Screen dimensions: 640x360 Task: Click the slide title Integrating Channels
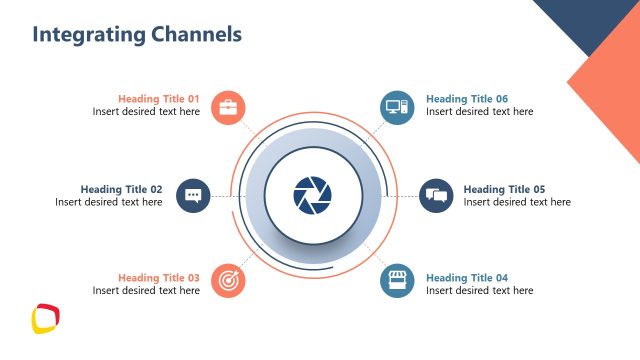tap(137, 35)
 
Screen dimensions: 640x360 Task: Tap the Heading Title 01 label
tap(159, 99)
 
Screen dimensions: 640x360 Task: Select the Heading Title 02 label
tap(121, 189)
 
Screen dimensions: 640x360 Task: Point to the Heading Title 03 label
tap(159, 278)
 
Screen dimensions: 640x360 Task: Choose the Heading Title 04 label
tap(467, 278)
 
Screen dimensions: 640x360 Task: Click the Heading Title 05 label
tap(504, 189)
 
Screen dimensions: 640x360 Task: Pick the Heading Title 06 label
tap(467, 99)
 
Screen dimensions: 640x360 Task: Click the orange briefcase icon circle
tap(228, 107)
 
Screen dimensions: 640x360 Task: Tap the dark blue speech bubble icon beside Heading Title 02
tap(194, 195)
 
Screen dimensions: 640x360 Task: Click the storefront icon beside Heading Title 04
tap(397, 281)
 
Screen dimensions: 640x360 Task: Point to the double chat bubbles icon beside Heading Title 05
tap(435, 195)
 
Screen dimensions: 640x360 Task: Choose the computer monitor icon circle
tap(397, 107)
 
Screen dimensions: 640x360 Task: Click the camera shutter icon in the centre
tap(312, 194)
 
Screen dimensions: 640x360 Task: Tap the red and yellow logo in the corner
tap(45, 319)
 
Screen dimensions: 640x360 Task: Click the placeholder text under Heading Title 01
tap(146, 112)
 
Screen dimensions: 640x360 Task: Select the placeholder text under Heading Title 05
tap(517, 202)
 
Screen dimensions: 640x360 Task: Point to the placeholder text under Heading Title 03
tap(146, 291)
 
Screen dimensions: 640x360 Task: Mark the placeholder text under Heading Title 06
tap(479, 112)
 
